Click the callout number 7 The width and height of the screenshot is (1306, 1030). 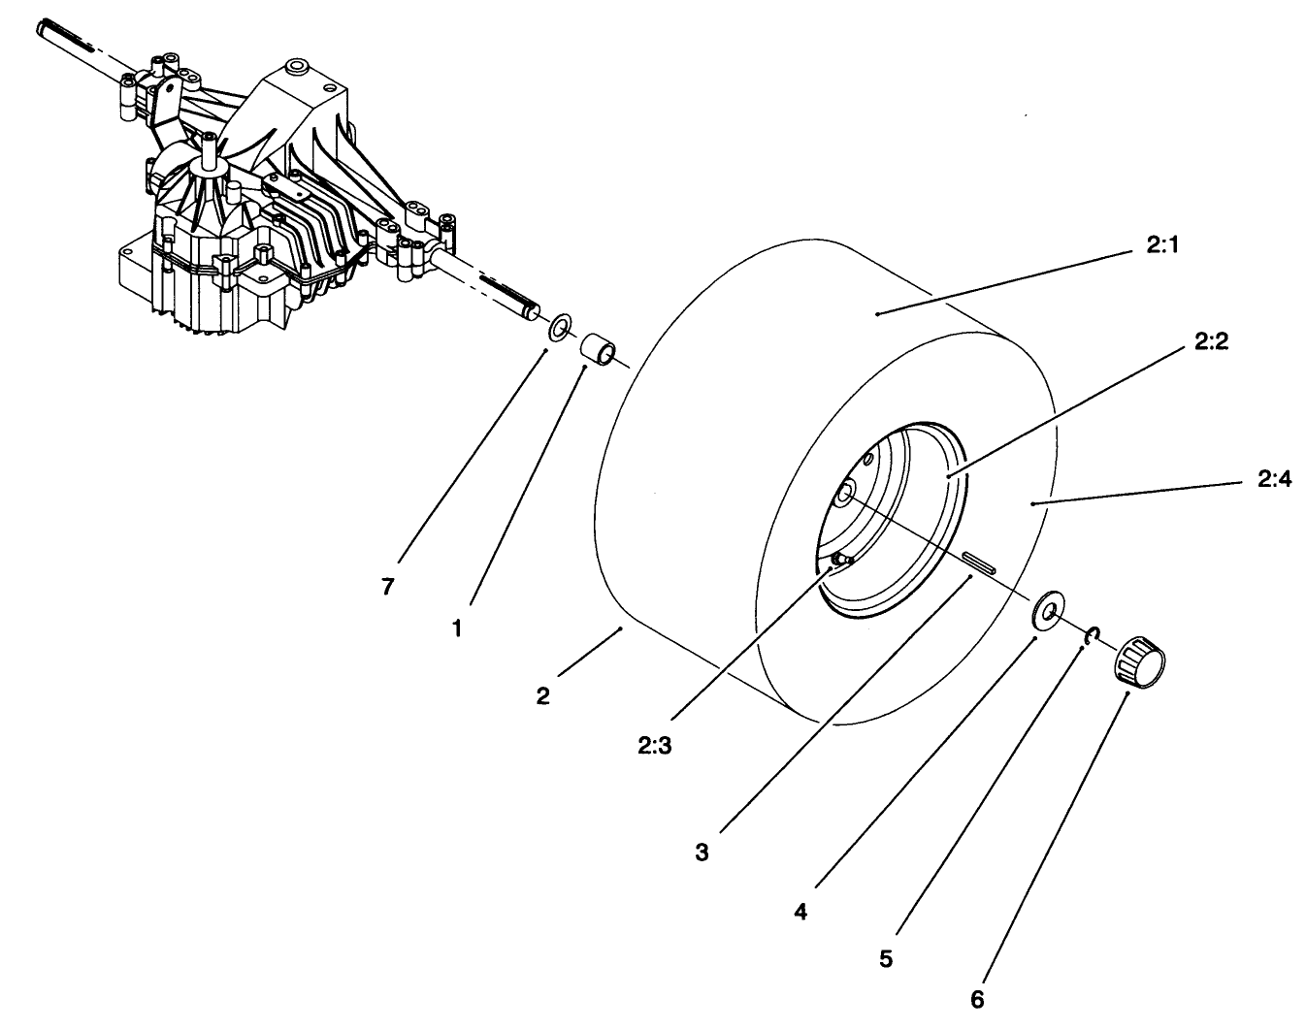point(387,588)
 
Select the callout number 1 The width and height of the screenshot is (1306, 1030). point(456,628)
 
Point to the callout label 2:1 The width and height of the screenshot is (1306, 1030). point(1160,247)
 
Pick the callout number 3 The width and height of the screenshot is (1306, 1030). point(702,853)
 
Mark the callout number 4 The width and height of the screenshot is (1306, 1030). point(800,912)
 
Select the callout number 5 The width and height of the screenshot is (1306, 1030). point(885,959)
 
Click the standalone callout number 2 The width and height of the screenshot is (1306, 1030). point(542,695)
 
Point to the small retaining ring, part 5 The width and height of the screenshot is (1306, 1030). point(1092,635)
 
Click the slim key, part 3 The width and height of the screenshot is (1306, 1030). point(982,564)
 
